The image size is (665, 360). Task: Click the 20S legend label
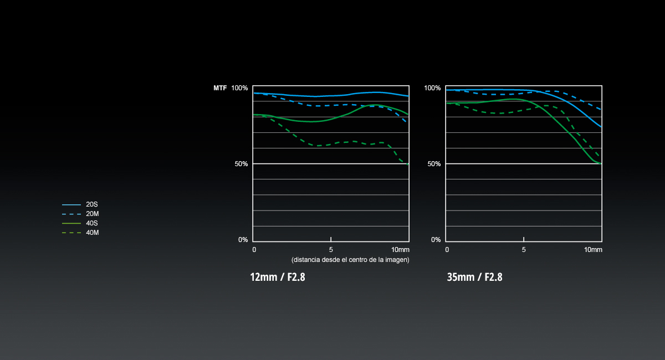(92, 204)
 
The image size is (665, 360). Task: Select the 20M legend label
(93, 214)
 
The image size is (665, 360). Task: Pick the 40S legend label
(92, 223)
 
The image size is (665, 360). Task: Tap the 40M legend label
(93, 233)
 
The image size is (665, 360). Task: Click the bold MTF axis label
(220, 88)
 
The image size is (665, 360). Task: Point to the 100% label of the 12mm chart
(239, 88)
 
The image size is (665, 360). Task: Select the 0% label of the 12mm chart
(243, 240)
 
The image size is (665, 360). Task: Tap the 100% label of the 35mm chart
(432, 88)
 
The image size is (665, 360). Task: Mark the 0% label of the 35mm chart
(436, 240)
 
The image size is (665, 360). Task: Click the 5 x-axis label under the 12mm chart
(331, 250)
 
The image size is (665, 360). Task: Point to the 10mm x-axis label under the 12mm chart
(400, 250)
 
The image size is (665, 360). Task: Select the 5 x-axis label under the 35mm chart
(524, 250)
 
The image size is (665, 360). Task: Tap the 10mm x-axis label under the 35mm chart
(593, 250)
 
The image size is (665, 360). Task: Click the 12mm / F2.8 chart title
(278, 277)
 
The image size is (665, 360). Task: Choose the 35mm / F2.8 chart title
(474, 277)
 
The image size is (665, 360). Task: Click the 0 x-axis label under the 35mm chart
(447, 250)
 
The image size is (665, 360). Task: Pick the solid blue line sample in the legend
(71, 204)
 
